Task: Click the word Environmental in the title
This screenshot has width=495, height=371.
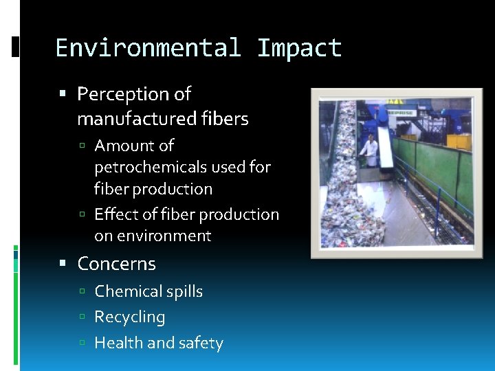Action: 148,48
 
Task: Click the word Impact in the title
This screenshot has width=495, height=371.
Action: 299,48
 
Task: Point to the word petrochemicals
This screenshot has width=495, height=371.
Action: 144,167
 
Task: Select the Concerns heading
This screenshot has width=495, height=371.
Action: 116,264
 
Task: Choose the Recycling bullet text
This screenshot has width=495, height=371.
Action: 130,317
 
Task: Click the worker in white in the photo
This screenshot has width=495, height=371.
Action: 370,152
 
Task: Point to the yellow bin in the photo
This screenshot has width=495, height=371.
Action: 459,142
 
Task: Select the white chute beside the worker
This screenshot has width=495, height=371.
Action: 385,148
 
